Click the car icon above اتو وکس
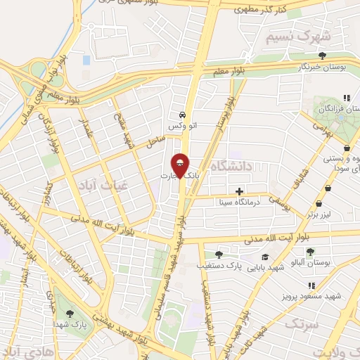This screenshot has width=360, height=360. tap(182, 114)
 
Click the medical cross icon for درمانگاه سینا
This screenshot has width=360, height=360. tap(240, 191)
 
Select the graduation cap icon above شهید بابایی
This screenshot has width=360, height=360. tap(264, 257)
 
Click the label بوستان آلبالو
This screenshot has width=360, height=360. tap(310, 262)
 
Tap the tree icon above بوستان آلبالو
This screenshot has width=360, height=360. tap(310, 251)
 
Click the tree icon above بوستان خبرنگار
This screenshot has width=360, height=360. tap(323, 55)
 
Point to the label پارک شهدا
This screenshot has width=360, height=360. tap(68, 326)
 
